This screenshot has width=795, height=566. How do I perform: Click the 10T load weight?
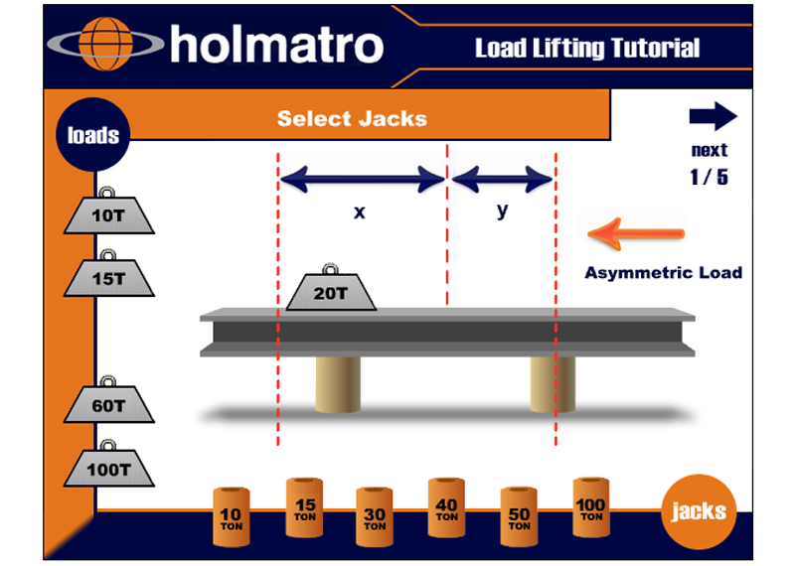click(109, 212)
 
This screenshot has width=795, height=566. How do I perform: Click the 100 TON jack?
click(590, 507)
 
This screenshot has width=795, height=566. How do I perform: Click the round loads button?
click(92, 135)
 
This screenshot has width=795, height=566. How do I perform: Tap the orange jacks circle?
click(699, 512)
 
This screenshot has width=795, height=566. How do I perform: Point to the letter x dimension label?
click(360, 212)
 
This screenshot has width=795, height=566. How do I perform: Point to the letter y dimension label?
click(502, 212)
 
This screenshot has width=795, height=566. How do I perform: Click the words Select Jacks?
click(352, 119)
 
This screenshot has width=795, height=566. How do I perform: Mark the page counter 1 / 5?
click(709, 180)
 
